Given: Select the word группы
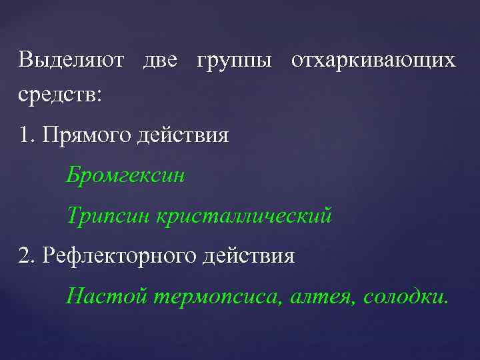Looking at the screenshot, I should click(234, 61).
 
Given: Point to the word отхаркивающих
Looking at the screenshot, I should click(373, 61).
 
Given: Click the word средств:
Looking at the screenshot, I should click(61, 94).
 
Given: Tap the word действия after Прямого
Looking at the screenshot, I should click(182, 136).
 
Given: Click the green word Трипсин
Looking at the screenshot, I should click(109, 216).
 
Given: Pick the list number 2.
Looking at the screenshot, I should click(26, 255).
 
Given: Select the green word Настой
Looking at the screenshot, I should click(107, 295).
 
